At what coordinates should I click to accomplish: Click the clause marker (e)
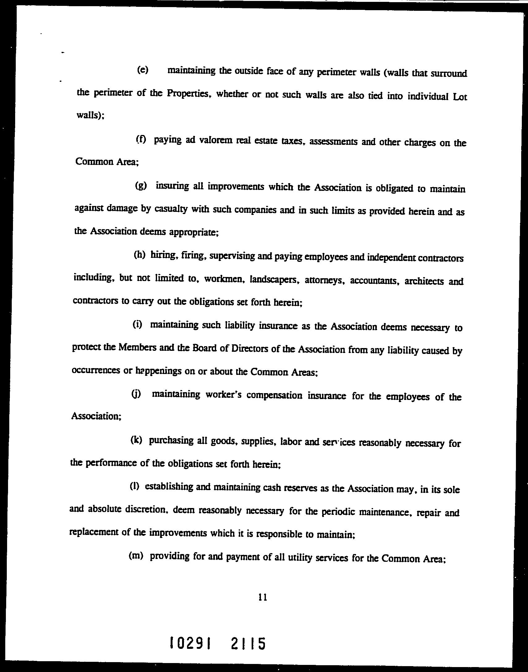pos(143,70)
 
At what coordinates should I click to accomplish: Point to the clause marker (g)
pos(141,186)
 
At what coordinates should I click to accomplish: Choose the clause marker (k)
pos(136,440)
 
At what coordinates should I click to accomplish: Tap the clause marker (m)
pos(136,556)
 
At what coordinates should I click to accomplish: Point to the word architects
pos(424,281)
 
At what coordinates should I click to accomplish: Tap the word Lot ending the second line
pos(460,97)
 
